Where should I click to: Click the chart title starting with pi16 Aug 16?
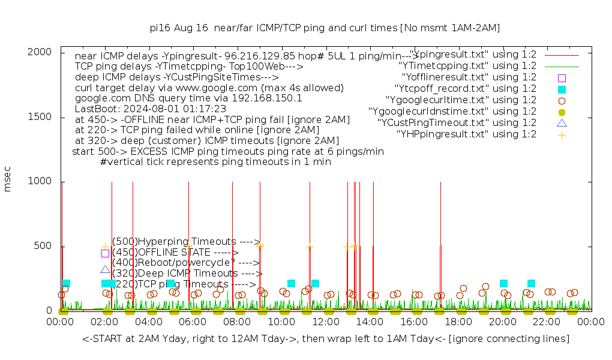tap(325, 28)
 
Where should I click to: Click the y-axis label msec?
tap(8, 179)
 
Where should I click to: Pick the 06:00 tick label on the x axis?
tap(193, 323)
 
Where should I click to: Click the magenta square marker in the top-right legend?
tap(562, 77)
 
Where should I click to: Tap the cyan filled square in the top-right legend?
tap(562, 89)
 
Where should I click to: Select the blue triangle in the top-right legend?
tap(562, 123)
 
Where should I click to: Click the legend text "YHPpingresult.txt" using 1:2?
tap(466, 134)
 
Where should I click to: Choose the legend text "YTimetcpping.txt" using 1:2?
tap(467, 66)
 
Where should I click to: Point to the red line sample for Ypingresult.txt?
tap(562, 55)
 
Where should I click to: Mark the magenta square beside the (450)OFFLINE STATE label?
tap(105, 253)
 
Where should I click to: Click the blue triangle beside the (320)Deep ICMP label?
tap(105, 270)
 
